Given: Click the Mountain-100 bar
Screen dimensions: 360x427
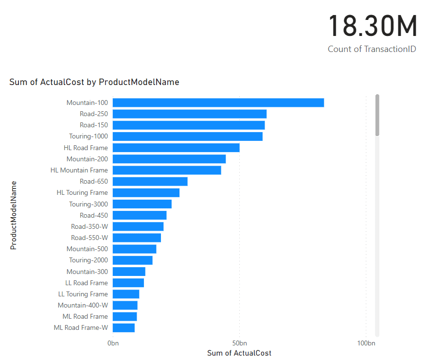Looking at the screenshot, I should tap(218, 103).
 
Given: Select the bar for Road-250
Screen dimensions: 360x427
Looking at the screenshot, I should tap(190, 114).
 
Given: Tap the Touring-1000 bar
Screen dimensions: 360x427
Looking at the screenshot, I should tap(187, 137).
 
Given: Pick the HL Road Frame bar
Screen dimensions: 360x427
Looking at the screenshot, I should tap(176, 148).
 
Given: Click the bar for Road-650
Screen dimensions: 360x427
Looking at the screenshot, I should tap(150, 181).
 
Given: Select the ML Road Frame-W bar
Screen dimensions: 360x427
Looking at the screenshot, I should tap(124, 327).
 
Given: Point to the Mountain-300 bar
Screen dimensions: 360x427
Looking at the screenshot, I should tap(129, 272).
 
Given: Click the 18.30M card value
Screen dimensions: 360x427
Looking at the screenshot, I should tap(373, 27).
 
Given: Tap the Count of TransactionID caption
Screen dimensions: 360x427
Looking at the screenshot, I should tap(372, 49).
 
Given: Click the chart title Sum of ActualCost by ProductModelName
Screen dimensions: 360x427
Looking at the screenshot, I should tap(94, 82).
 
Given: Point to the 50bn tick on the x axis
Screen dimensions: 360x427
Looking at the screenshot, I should tap(239, 343).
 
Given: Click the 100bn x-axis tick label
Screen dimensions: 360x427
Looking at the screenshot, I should tap(366, 343).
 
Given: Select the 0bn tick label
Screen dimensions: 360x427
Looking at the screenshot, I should tap(113, 343).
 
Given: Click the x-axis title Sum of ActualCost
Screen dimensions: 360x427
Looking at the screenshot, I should tap(239, 353).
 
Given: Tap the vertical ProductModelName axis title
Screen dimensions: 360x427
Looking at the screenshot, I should tap(14, 215).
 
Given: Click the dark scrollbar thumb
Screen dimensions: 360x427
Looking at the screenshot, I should tap(377, 115).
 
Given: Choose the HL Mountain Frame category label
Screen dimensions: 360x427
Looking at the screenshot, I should tap(79, 170).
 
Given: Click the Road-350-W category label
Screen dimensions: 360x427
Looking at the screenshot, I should tap(89, 226).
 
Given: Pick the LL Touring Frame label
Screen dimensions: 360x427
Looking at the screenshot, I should tap(83, 294).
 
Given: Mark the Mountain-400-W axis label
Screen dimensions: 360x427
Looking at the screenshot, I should tap(83, 305).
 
